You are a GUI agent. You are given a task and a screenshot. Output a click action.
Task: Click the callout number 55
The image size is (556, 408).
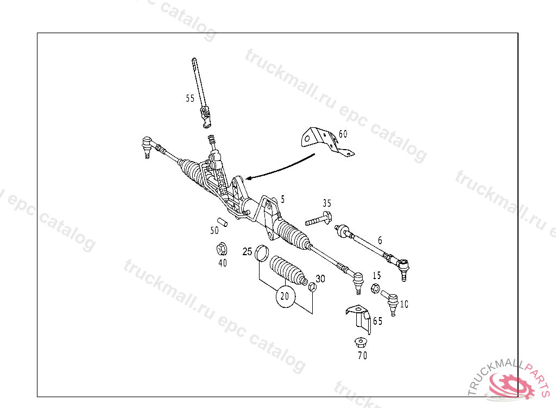190,98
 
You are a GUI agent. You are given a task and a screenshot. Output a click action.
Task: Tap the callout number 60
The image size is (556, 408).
343,134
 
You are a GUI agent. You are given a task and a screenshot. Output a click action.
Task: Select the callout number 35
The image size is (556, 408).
327,203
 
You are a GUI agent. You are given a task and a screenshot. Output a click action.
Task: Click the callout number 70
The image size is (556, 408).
362,356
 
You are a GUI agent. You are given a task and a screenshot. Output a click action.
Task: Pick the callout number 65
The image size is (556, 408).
377,321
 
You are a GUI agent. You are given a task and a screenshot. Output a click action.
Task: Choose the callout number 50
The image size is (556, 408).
214,231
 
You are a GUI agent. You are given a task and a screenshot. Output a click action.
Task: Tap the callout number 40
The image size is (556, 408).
223,263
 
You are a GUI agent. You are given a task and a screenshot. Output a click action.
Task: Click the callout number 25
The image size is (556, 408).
247,251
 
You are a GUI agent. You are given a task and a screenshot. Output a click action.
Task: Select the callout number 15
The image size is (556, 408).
377,276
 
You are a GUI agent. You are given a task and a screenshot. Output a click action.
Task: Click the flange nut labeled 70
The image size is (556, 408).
359,342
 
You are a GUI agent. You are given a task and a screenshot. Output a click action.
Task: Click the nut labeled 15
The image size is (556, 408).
374,288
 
